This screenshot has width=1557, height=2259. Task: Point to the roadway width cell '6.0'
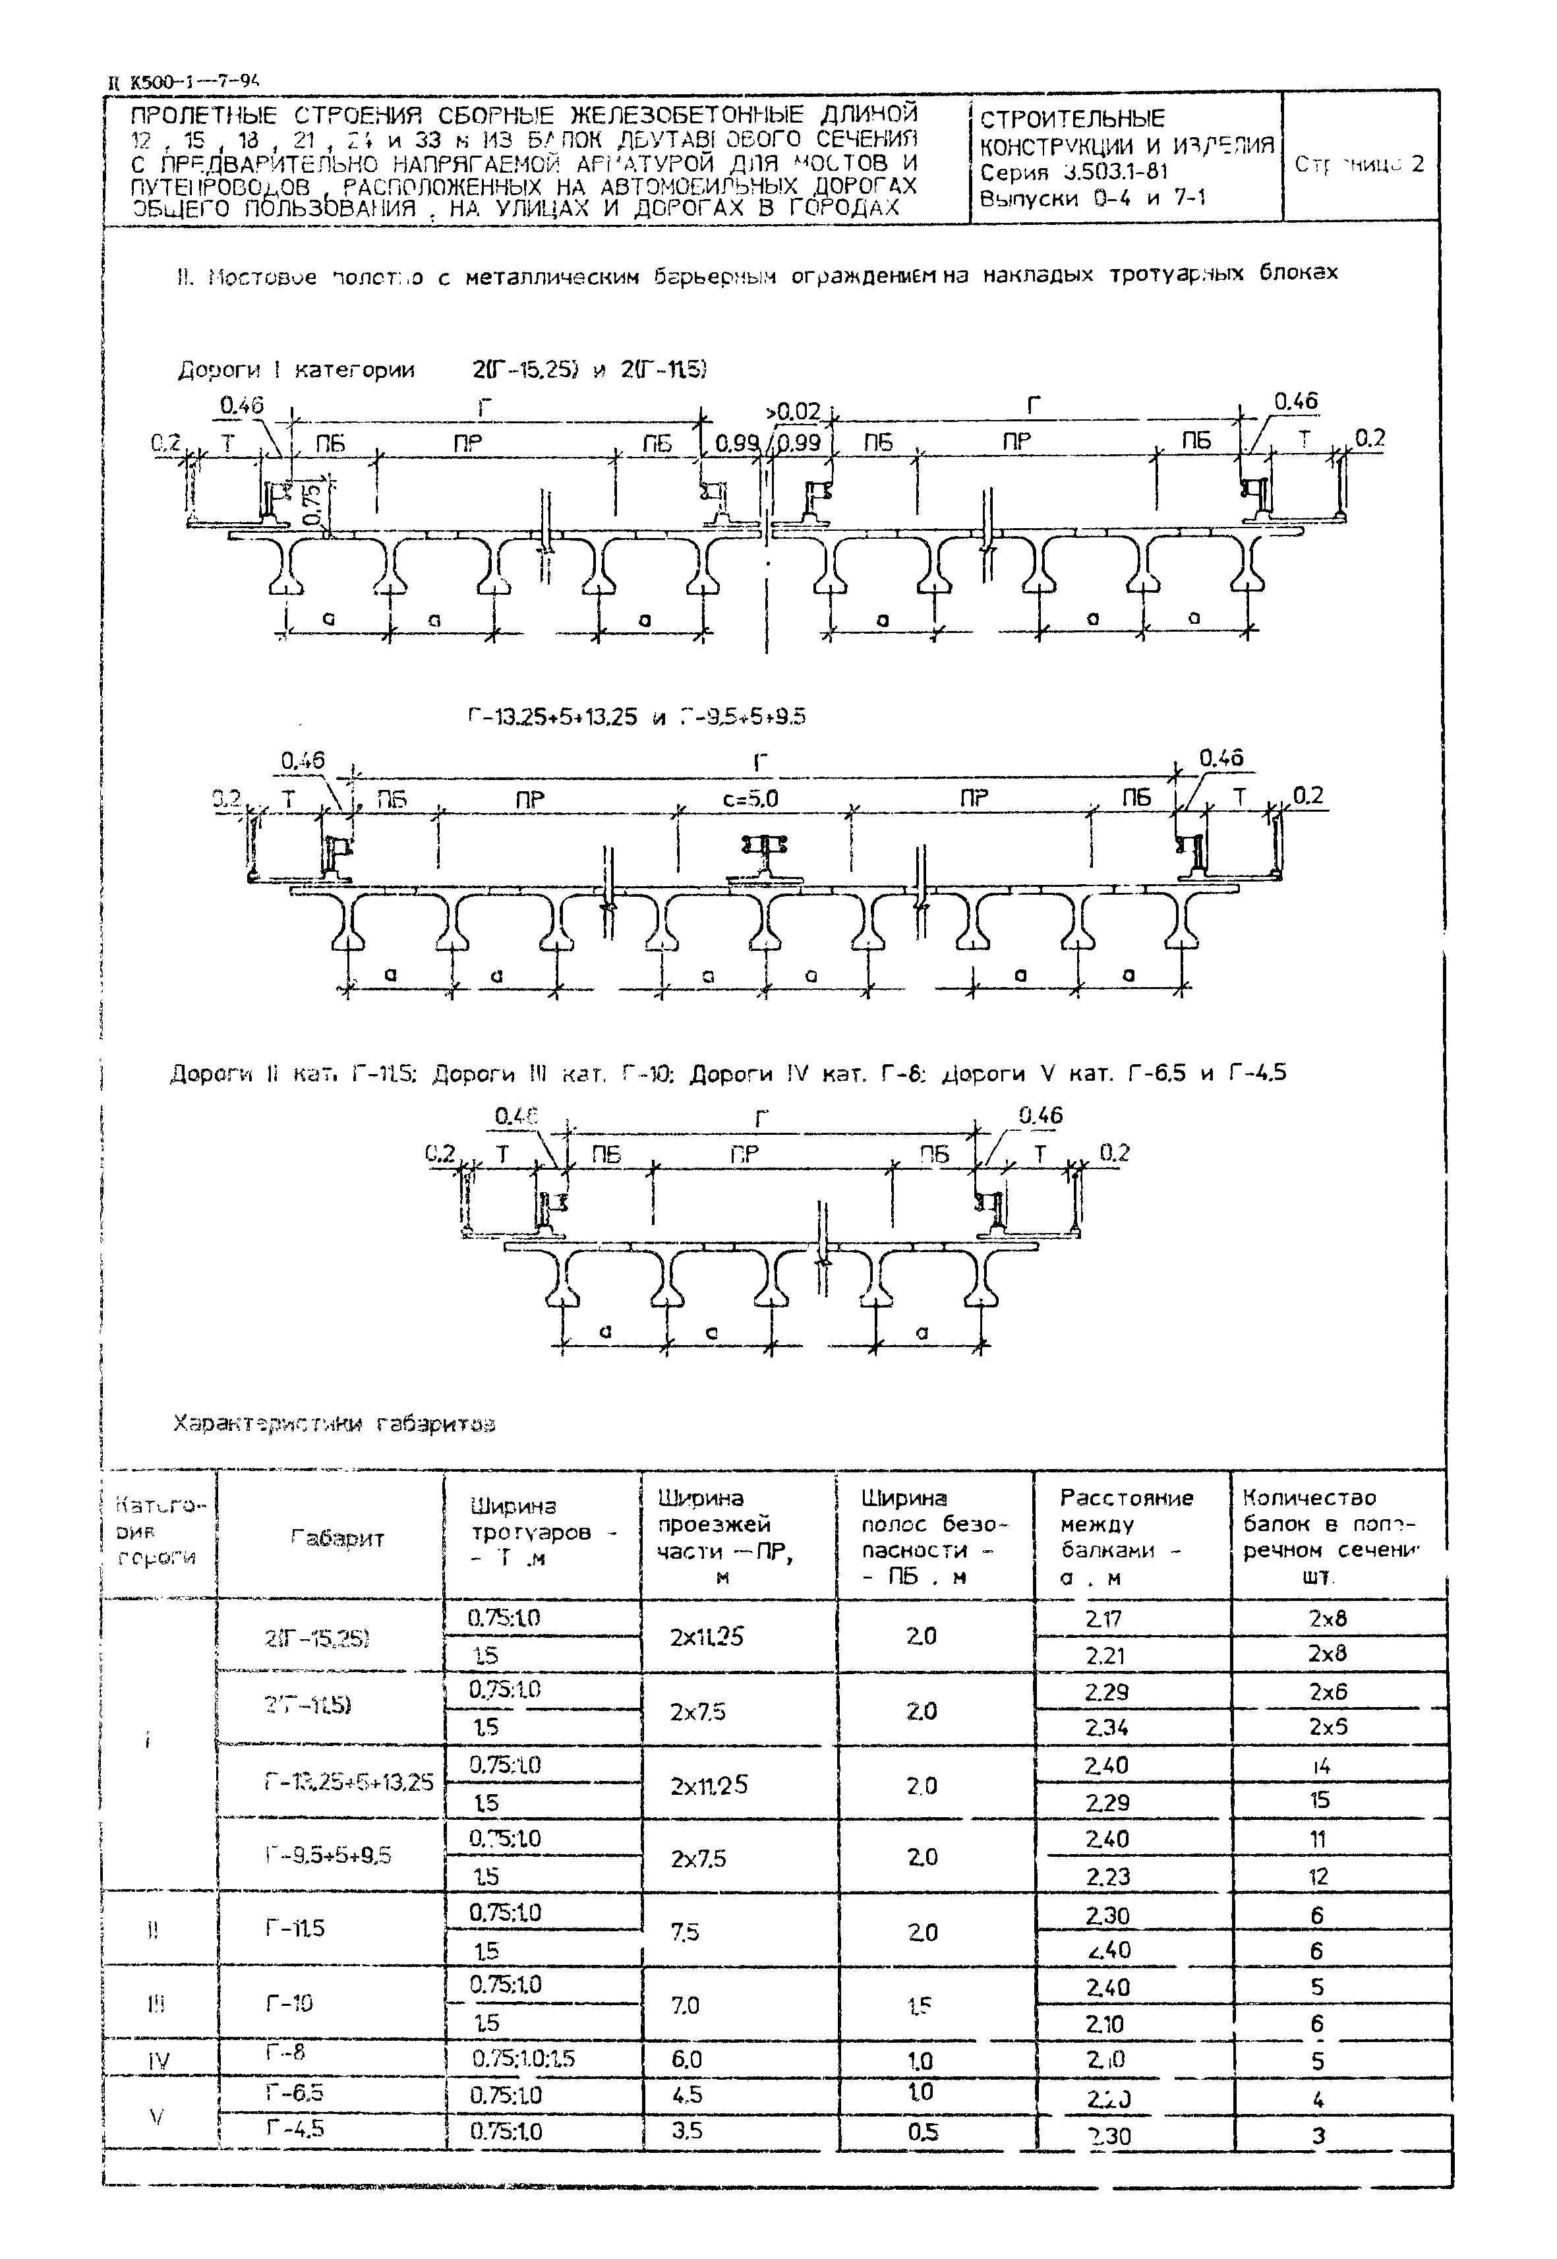(x=687, y=2059)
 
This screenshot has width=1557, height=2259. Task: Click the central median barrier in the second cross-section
(x=767, y=857)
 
